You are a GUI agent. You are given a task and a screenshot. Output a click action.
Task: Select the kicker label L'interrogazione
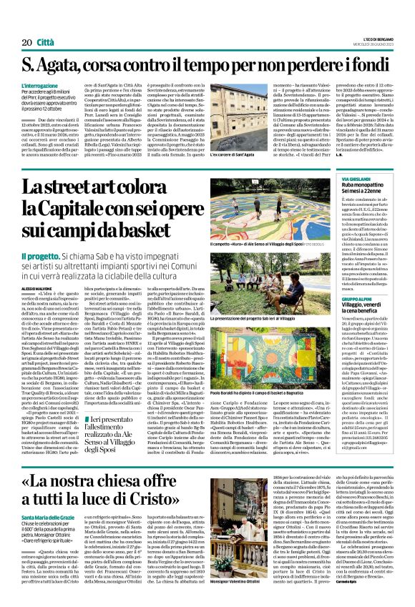(x=41, y=85)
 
